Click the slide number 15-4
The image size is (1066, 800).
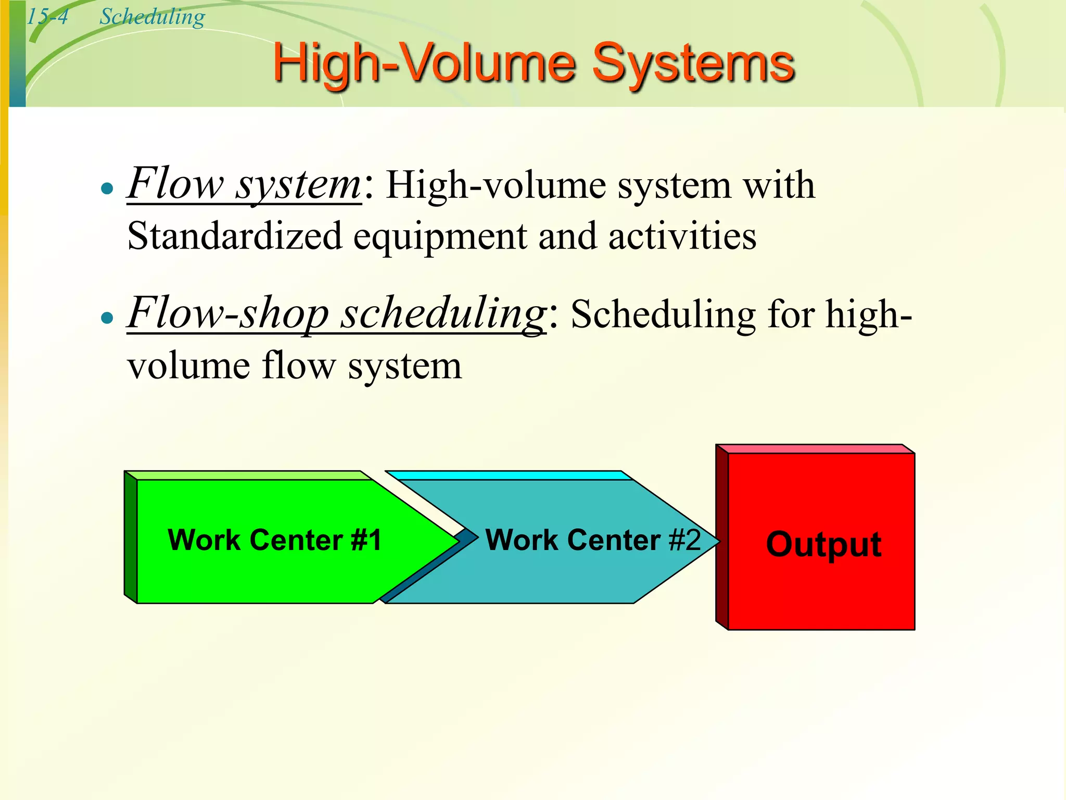coord(47,17)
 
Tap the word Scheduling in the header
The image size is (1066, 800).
coord(152,17)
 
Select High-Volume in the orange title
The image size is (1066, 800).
coord(424,64)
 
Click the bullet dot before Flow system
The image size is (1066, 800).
coord(107,188)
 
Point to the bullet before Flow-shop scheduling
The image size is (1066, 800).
coord(107,317)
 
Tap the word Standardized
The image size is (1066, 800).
coord(234,236)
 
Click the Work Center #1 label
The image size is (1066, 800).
coord(274,540)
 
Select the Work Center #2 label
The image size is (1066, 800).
coord(593,540)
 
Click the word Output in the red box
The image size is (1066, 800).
coord(823,544)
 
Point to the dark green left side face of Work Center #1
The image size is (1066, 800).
coord(131,537)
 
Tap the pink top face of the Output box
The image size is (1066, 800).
coord(815,448)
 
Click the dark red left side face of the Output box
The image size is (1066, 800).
coord(722,536)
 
